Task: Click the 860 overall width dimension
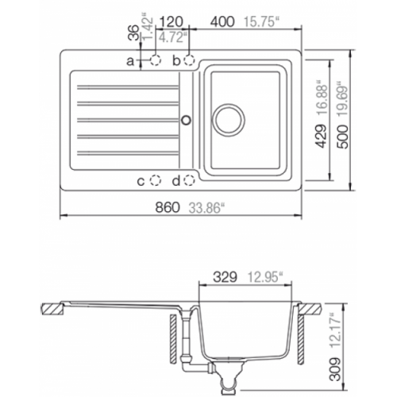(168, 207)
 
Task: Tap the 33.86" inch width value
(205, 208)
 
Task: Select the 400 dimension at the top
(222, 21)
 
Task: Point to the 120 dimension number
(172, 21)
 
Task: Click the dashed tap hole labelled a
(156, 60)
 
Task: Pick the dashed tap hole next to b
(190, 60)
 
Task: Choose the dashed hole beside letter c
(156, 180)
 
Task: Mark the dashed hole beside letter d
(190, 180)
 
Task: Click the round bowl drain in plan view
(229, 120)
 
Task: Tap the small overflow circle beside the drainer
(187, 120)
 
